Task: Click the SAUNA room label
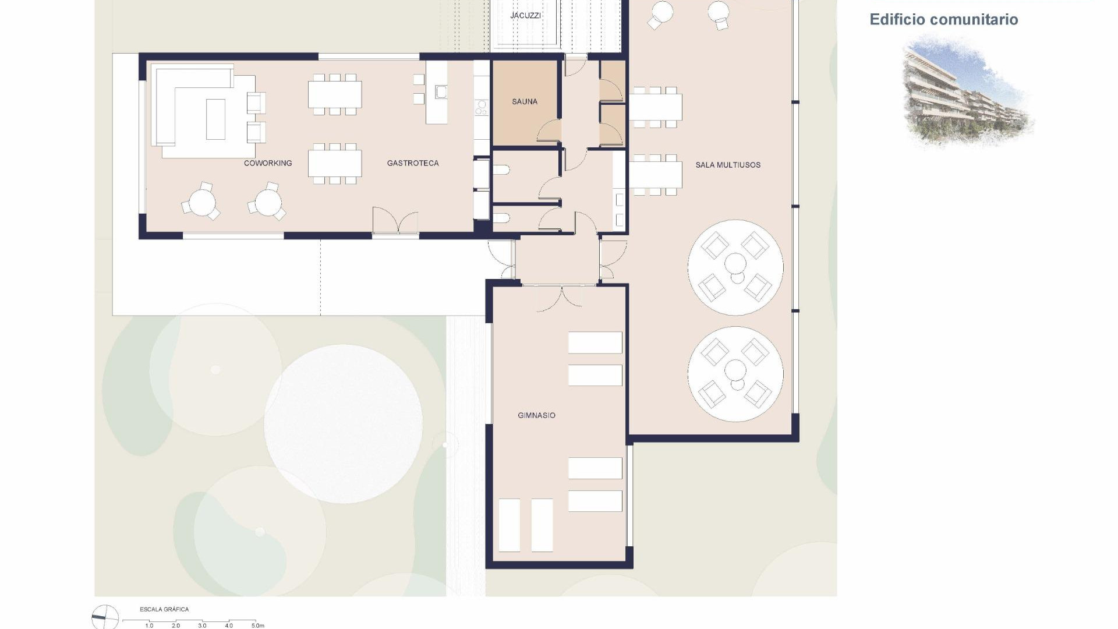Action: [x=524, y=101]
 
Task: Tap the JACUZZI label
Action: [x=525, y=15]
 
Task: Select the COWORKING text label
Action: [x=268, y=163]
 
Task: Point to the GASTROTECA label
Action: [x=412, y=163]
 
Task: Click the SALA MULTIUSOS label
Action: [x=727, y=165]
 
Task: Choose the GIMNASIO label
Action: [x=536, y=415]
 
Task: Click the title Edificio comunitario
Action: [x=943, y=19]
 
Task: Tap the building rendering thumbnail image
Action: [x=967, y=90]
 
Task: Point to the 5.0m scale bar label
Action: [x=257, y=626]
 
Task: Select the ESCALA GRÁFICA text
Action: [x=164, y=609]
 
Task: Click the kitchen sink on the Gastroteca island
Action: [x=441, y=91]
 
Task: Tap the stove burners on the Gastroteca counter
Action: [x=482, y=107]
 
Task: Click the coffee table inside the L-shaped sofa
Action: [x=215, y=119]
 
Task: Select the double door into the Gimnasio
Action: [x=559, y=296]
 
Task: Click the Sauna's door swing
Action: [x=549, y=131]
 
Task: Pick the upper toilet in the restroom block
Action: [x=501, y=170]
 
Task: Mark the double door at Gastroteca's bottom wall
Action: [x=395, y=222]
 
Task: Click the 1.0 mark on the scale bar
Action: [x=149, y=626]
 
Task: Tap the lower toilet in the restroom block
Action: [x=501, y=218]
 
